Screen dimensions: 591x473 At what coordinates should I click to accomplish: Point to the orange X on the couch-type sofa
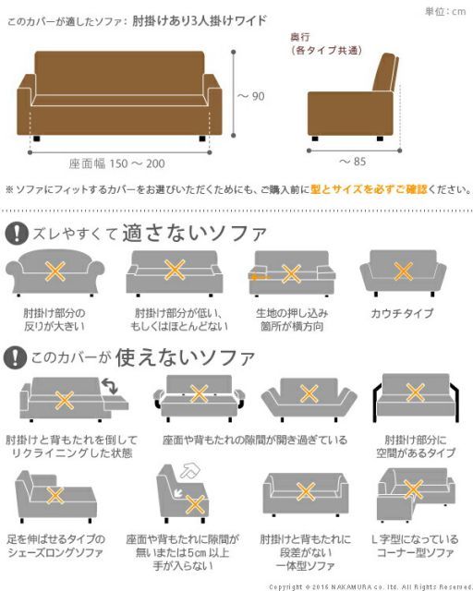coord(403,271)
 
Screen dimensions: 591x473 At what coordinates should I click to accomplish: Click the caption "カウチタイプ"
coord(403,314)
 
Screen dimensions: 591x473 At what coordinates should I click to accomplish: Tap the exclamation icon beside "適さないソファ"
coord(16,233)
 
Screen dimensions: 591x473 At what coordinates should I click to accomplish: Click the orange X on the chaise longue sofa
coord(55,496)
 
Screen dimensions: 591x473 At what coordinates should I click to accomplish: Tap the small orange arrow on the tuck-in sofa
coord(256,275)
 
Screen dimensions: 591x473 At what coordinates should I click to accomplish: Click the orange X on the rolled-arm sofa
coord(55,271)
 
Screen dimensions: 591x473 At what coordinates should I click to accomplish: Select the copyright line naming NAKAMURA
coord(370,585)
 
